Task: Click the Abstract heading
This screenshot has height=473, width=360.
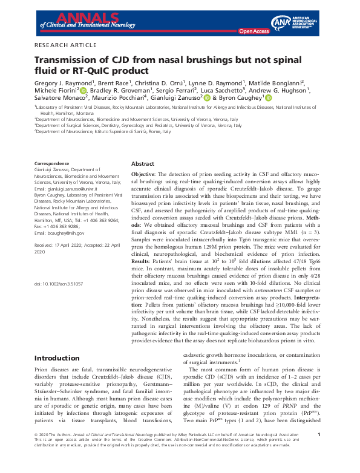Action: (x=143, y=164)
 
